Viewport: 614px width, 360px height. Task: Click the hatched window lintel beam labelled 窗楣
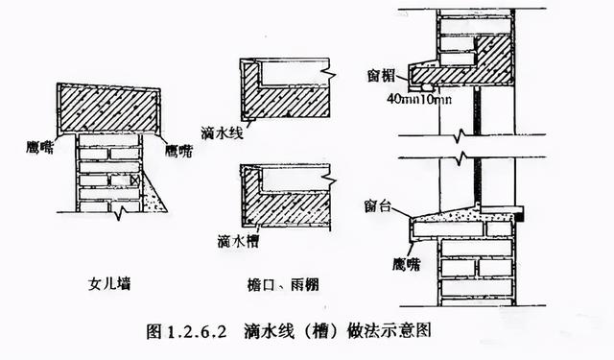[x=470, y=67]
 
